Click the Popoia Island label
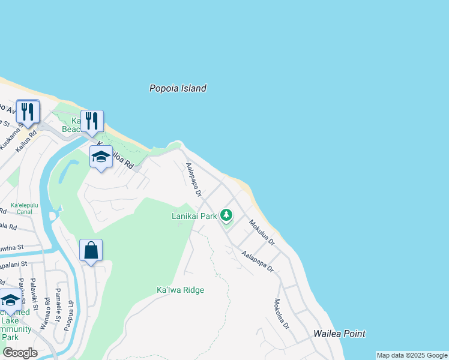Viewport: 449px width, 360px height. coord(178,88)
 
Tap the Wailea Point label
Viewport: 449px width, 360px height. coord(339,334)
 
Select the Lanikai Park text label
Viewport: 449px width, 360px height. coord(194,216)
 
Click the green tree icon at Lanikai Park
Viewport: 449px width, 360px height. coord(226,214)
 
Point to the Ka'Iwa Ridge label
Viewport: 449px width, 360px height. coord(180,290)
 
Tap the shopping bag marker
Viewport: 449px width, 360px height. coord(91,250)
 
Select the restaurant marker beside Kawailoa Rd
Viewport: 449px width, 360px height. coord(92,121)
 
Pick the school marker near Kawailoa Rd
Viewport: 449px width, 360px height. coord(101,157)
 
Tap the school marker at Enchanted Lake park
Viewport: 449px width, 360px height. coord(11,301)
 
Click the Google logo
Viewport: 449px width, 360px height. coord(20,353)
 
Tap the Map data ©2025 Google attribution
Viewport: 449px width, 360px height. coord(412,355)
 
